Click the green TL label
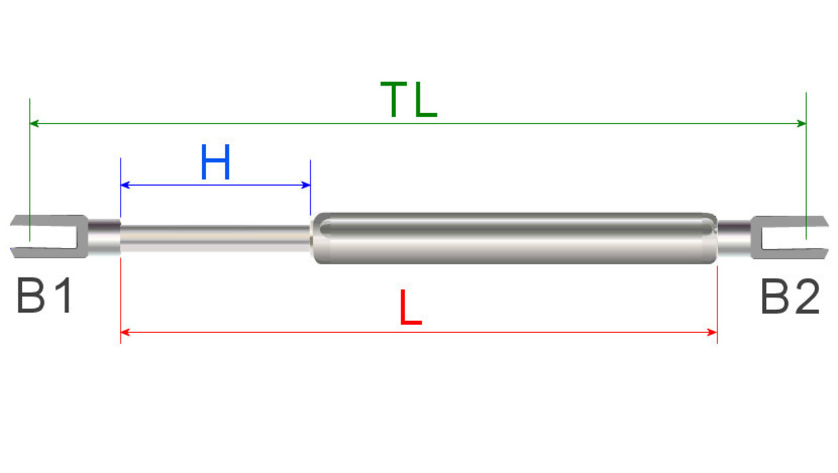click(409, 100)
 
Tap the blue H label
click(215, 163)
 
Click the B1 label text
click(44, 296)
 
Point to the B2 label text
click(790, 296)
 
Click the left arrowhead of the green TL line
click(35, 123)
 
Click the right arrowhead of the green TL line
click(801, 123)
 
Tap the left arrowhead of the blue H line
click(126, 185)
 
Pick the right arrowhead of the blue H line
click(306, 185)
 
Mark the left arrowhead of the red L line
click(126, 332)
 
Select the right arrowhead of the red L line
click(713, 332)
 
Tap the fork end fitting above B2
click(786, 236)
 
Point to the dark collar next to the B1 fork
click(104, 237)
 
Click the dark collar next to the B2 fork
click(734, 237)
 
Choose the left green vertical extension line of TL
click(29, 164)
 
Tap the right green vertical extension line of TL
click(806, 164)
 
